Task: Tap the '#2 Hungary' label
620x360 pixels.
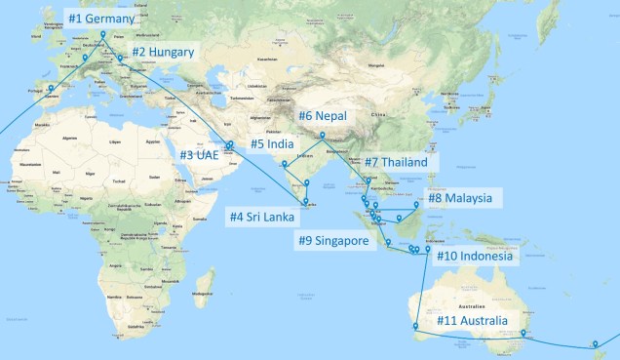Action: coord(164,52)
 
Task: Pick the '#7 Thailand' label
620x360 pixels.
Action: coord(396,162)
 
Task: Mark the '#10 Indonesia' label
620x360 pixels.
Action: coord(475,257)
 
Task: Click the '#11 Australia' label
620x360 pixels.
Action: coord(473,320)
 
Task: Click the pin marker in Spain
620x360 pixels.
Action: coord(51,88)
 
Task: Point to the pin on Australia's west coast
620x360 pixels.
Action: coord(415,326)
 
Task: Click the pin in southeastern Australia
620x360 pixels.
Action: coord(523,334)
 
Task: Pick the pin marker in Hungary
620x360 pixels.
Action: coord(121,59)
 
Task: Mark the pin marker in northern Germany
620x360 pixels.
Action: coord(102,35)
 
